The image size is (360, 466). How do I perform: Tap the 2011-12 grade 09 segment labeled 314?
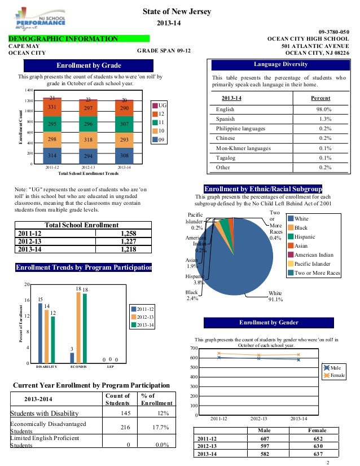pos(51,156)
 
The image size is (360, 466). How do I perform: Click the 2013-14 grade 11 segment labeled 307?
pos(124,124)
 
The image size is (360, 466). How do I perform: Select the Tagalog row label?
pos(226,158)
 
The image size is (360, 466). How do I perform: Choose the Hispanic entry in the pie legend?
pos(305,238)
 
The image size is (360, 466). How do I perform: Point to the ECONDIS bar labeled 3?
pos(72,358)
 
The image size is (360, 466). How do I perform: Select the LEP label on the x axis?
pos(111,367)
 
